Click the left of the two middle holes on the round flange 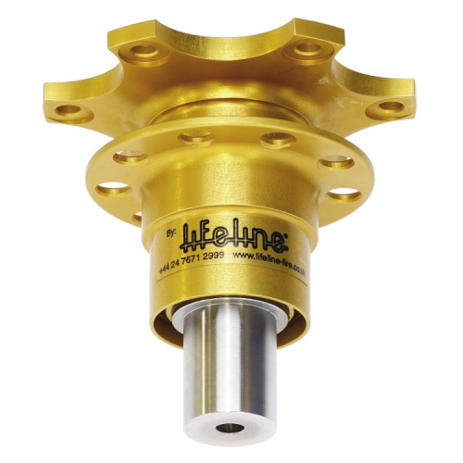pyautogui.click(x=196, y=139)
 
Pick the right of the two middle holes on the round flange pyautogui.click(x=277, y=140)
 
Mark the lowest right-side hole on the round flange pyautogui.click(x=344, y=194)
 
